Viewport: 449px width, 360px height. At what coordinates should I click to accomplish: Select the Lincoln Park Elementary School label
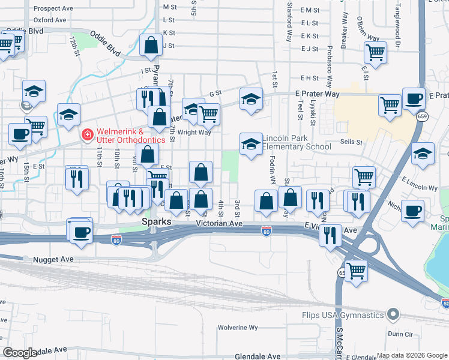[x=297, y=143]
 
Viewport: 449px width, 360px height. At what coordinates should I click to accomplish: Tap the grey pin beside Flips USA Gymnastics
[x=393, y=314]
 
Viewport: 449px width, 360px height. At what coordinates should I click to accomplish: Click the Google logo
[x=20, y=353]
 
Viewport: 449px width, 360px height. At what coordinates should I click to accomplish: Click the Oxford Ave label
[x=50, y=20]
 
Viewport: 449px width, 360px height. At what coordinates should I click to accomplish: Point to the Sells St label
[x=351, y=142]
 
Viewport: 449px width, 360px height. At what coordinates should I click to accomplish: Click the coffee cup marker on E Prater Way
[x=413, y=99]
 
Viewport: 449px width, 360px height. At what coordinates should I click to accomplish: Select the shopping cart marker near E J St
[x=375, y=52]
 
